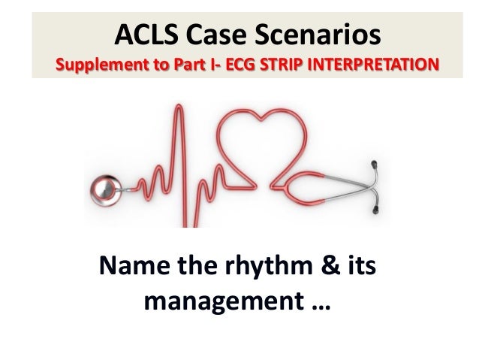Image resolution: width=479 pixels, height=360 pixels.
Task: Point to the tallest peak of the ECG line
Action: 177,113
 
